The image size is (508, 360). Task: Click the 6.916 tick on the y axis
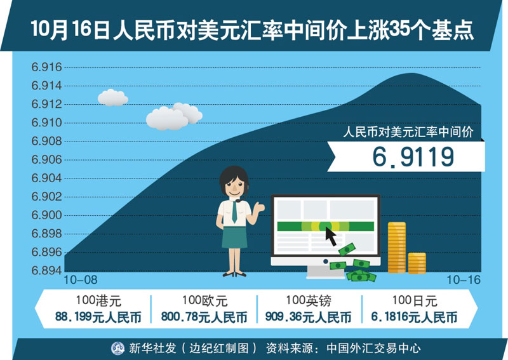46,67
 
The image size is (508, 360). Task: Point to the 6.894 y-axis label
46,270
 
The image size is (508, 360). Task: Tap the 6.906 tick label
46,159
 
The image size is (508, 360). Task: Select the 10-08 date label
81,280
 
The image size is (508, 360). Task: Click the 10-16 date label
464,280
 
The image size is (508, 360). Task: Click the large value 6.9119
413,157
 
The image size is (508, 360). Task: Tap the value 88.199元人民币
98,317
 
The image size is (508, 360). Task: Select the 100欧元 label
204,301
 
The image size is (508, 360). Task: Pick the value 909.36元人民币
308,317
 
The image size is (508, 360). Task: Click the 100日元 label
415,301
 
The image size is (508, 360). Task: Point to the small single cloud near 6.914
113,98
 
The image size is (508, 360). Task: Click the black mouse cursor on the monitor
331,236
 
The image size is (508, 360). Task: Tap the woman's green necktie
234,212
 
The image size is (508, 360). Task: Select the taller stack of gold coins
396,247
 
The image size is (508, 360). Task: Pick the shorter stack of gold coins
417,263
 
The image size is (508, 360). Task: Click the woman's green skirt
234,237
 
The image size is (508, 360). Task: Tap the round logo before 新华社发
117,349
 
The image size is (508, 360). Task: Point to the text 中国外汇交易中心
373,349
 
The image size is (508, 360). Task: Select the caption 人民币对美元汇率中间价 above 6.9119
408,132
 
